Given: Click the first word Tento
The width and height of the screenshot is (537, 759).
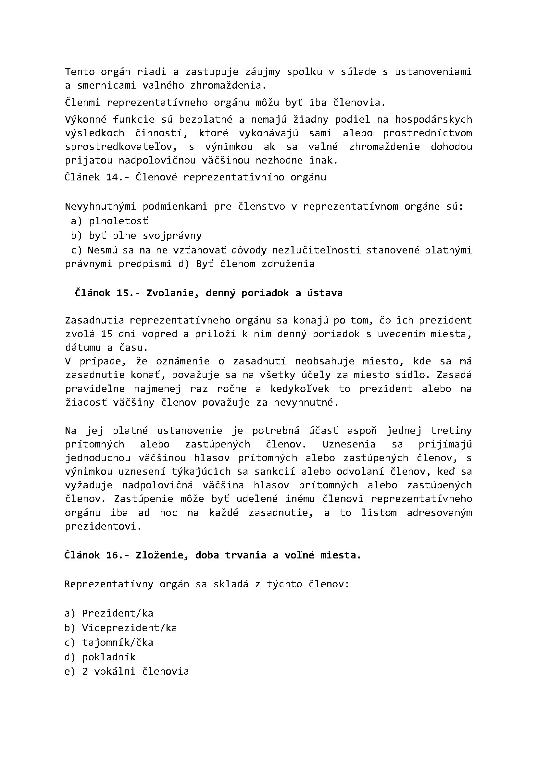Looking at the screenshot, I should (x=80, y=72).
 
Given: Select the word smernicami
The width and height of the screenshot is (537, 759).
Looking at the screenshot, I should (x=106, y=86).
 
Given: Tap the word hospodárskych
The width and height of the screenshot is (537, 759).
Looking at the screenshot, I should (x=433, y=119).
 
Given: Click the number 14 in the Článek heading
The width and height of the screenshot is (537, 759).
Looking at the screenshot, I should (x=112, y=177).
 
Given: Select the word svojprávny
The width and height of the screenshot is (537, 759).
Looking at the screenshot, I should (x=172, y=236).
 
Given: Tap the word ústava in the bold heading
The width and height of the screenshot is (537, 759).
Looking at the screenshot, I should (x=325, y=293).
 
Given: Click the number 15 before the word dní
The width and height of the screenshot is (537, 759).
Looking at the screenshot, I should (x=106, y=334).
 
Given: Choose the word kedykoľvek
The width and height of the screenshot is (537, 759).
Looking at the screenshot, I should (x=300, y=389).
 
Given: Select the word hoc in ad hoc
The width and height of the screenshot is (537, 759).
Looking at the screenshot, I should (x=169, y=513).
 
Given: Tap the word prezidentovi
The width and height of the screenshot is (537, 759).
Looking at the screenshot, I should (x=103, y=526).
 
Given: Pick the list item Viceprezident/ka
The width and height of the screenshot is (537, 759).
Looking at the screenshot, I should (x=129, y=628).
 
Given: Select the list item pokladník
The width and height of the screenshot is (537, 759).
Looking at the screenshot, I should (x=109, y=657).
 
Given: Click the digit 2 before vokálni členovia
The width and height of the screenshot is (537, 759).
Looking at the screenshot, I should (x=85, y=671).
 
